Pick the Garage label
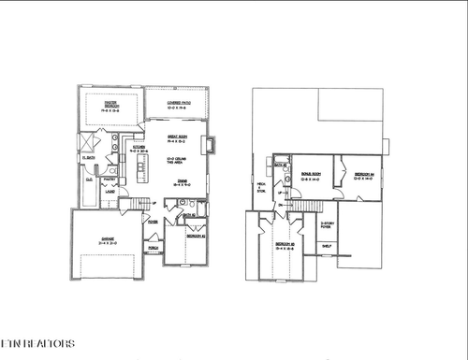pos(109,239)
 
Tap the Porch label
pos(154,250)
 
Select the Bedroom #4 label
pos(365,175)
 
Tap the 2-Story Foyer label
pos(328,225)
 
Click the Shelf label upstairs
pos(326,246)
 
